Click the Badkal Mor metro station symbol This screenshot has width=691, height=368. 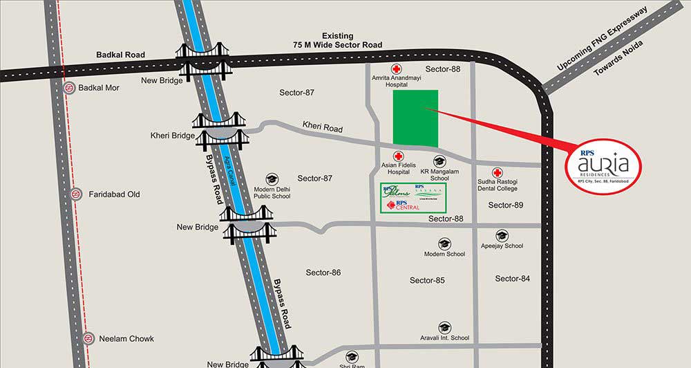[x=69, y=89]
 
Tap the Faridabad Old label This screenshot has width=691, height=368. [x=114, y=194]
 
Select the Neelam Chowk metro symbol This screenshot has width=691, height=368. [x=88, y=338]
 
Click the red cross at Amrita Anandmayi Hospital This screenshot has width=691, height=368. [x=397, y=69]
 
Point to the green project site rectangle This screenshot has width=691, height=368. [x=415, y=118]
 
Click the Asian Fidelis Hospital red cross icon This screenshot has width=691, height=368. [x=399, y=156]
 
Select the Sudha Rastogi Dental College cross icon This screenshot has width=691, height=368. [x=497, y=172]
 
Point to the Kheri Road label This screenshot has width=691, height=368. [x=322, y=128]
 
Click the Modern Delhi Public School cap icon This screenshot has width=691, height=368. [x=272, y=178]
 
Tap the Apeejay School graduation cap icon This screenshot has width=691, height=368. [x=502, y=236]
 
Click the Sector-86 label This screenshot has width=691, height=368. [x=323, y=273]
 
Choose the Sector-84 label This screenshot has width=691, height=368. [x=513, y=279]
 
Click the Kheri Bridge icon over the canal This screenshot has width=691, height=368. [x=222, y=130]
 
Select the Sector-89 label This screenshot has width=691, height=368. [x=506, y=205]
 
